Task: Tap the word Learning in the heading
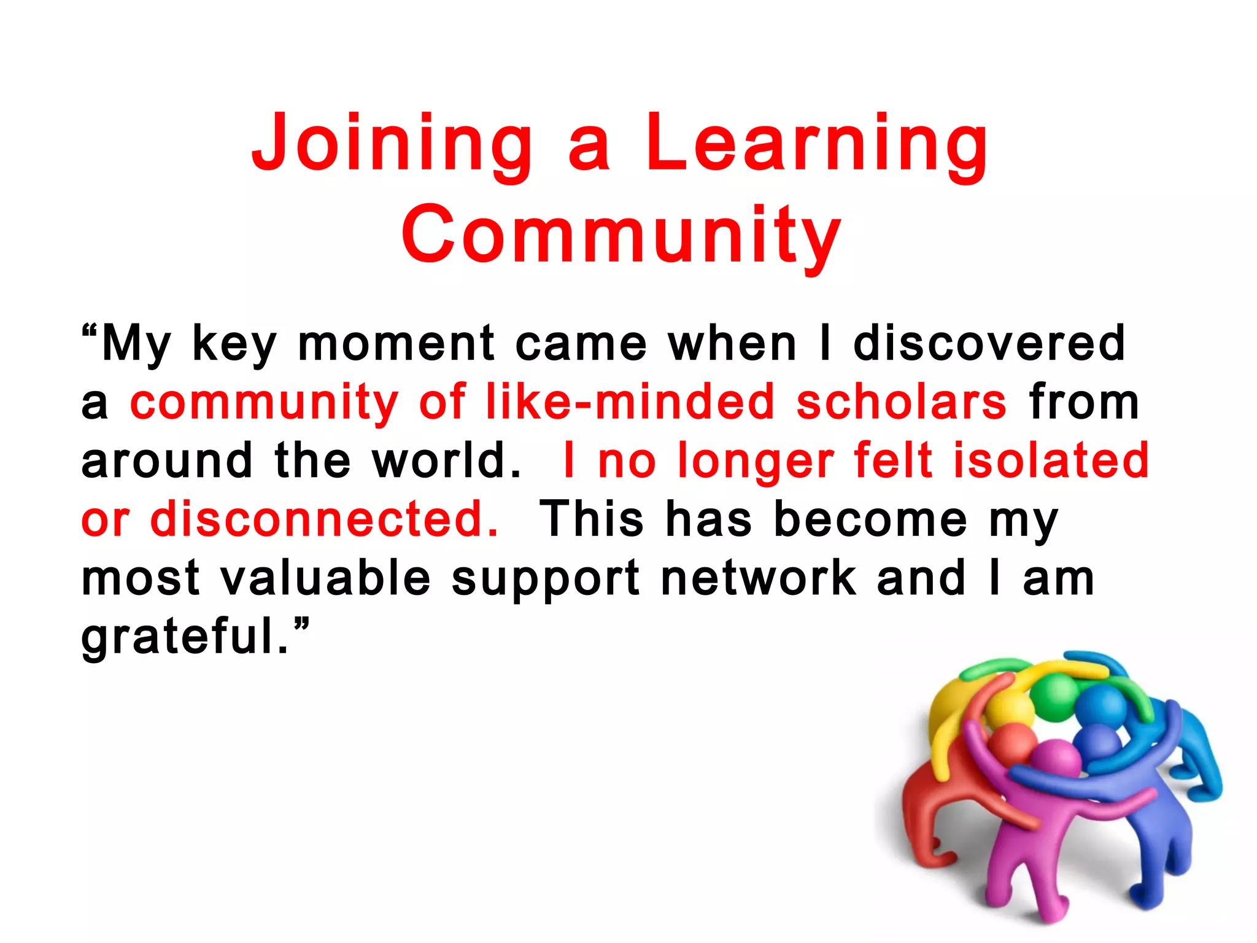(x=816, y=143)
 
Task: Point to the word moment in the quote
(x=396, y=344)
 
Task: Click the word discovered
(x=989, y=344)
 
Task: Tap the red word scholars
(x=901, y=403)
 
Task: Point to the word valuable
(x=325, y=579)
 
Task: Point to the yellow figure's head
(x=1010, y=712)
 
